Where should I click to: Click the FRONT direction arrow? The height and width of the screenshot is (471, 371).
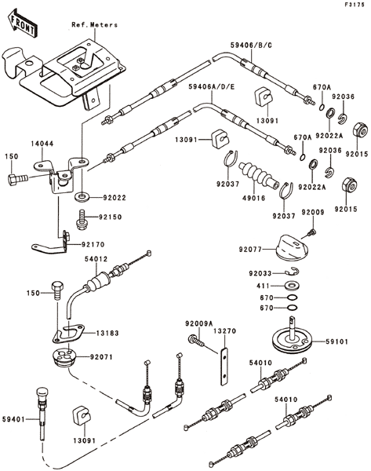tap(22, 23)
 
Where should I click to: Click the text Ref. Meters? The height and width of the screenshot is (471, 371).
tap(94, 24)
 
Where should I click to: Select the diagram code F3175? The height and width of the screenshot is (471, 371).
tap(355, 5)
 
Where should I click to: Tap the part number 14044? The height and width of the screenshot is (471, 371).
tap(42, 144)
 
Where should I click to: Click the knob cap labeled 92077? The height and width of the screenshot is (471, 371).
tap(290, 246)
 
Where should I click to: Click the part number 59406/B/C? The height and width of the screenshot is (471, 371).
tap(251, 45)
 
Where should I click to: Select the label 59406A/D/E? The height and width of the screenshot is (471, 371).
tap(212, 87)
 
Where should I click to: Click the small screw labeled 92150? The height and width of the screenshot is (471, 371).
tap(81, 220)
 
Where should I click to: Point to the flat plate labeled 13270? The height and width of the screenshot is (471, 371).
tap(224, 366)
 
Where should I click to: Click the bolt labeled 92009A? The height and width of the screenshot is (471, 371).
tap(196, 341)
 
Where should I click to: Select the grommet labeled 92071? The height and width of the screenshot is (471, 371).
tap(64, 356)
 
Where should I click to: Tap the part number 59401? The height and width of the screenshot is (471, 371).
tap(13, 419)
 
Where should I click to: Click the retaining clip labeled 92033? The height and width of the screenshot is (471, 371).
tap(292, 272)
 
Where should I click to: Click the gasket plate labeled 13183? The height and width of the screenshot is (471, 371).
tap(68, 333)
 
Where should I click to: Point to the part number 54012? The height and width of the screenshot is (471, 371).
tap(96, 258)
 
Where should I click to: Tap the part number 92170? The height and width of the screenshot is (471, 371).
tap(93, 244)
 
